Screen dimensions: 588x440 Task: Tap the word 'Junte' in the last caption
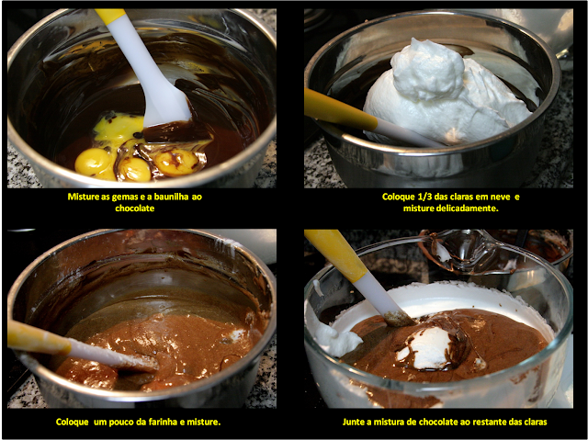point(354,422)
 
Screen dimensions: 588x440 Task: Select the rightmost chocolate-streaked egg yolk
point(176,161)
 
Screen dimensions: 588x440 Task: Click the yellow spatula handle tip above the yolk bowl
point(110,17)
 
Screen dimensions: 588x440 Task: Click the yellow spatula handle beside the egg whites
point(340,109)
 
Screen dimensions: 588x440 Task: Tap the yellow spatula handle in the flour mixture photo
point(39,337)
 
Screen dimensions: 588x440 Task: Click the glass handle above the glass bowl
point(459,251)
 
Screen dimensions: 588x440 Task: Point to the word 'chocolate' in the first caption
point(135,209)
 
